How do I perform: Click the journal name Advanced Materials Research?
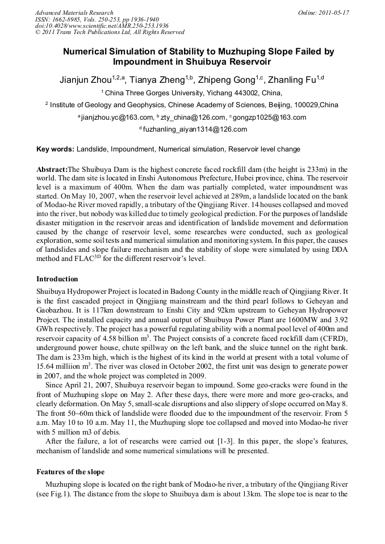(x=74, y=12)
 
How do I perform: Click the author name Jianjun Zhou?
(x=86, y=80)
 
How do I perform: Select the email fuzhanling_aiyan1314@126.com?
(x=194, y=129)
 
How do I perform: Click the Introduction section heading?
(x=57, y=279)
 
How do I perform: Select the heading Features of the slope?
(x=70, y=472)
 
